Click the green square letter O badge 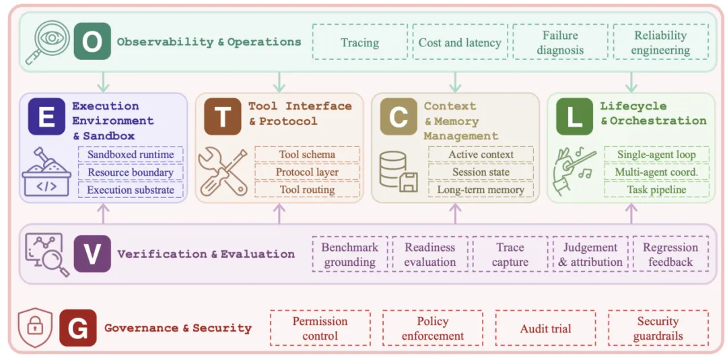click(92, 41)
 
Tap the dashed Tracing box click(359, 42)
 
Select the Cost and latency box click(460, 42)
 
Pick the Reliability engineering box click(661, 42)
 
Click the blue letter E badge click(46, 116)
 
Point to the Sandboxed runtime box click(131, 154)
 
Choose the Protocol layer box click(307, 172)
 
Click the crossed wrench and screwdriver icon click(223, 170)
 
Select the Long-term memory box click(481, 190)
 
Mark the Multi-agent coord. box click(656, 172)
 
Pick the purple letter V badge click(92, 254)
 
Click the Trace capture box click(510, 254)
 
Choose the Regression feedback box click(670, 254)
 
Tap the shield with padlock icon click(35, 328)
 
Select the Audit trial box click(545, 328)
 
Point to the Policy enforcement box click(433, 328)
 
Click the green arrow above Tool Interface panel click(279, 82)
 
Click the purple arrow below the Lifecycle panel click(631, 213)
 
